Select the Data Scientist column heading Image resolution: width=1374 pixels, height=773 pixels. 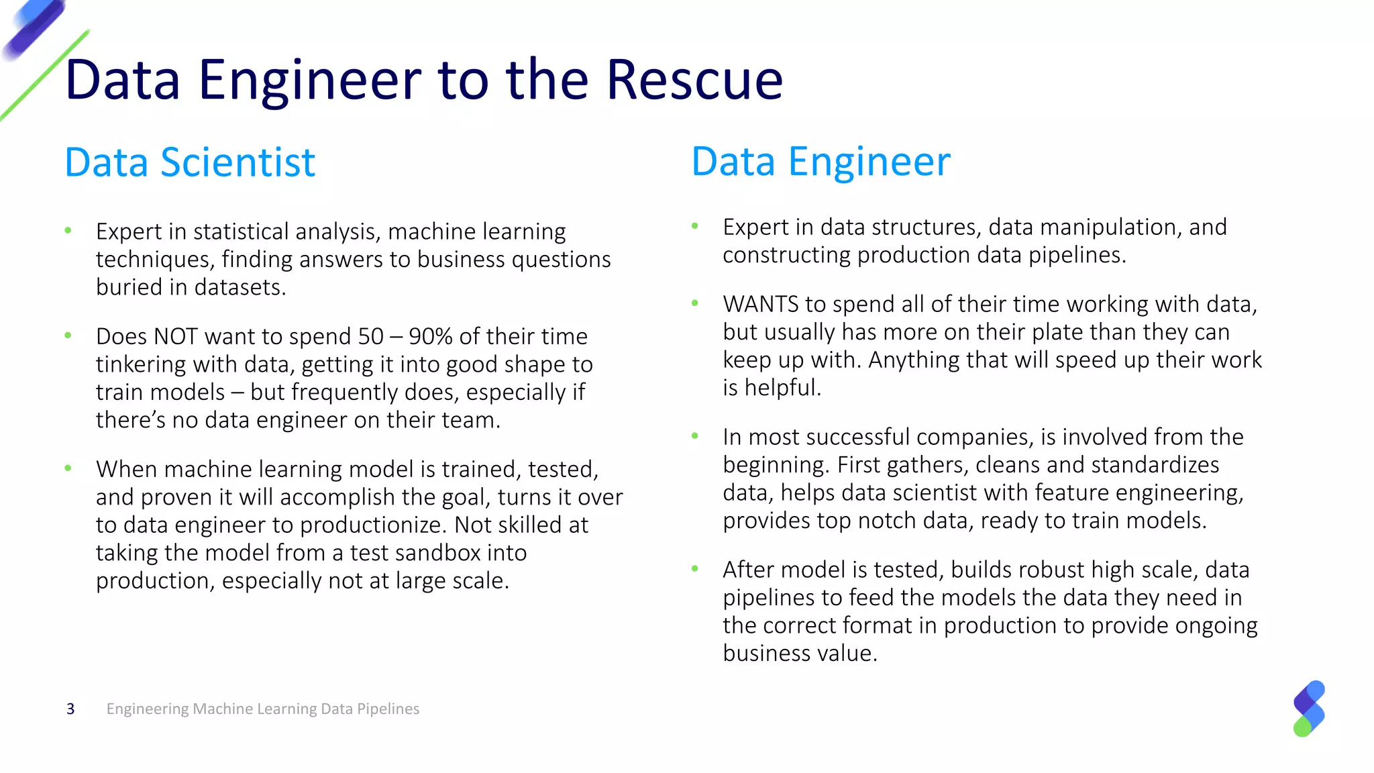pos(190,162)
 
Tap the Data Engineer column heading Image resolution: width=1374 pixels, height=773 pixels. pos(821,162)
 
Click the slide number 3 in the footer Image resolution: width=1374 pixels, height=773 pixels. pos(70,709)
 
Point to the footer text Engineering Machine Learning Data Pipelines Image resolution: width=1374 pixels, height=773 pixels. pos(262,709)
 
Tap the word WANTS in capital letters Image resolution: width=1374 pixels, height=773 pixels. pos(760,305)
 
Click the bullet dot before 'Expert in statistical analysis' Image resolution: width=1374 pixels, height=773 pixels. pos(68,231)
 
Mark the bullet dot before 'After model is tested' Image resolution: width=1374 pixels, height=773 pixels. pos(695,569)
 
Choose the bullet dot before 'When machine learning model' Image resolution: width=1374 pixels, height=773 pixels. pos(68,468)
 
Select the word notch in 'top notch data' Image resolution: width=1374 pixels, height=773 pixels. pos(891,521)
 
